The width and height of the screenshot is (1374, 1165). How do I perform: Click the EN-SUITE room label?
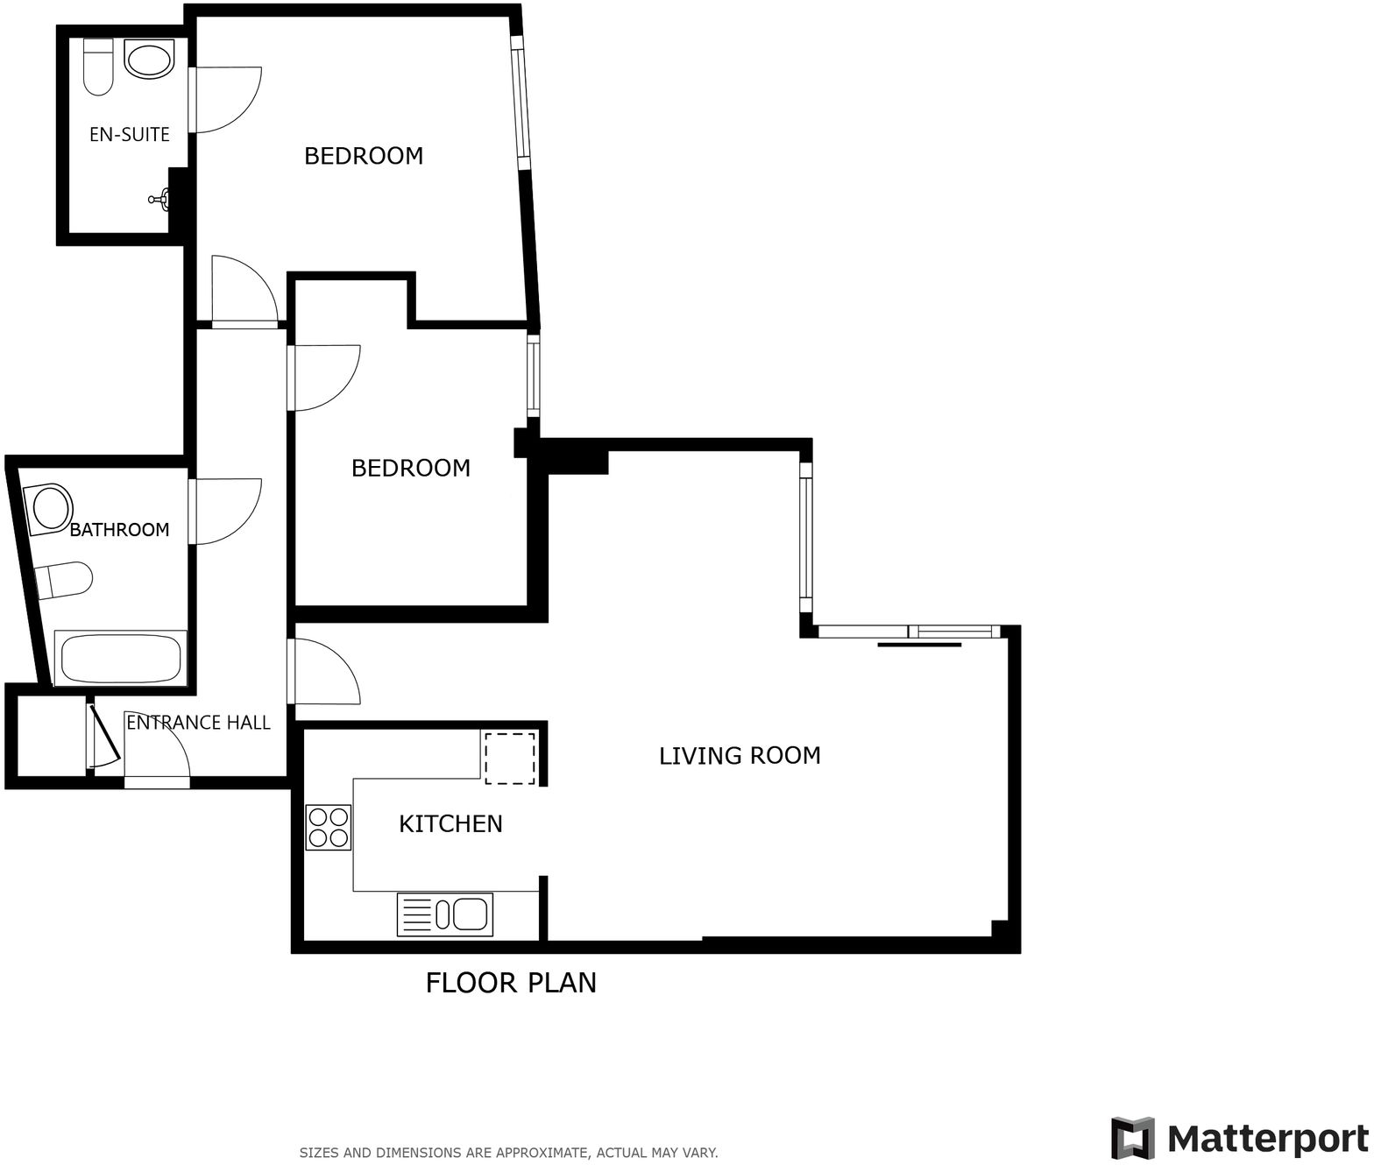[x=129, y=134]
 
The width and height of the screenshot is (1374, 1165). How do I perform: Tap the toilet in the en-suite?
[x=98, y=67]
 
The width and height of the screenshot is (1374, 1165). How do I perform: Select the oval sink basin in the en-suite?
[x=150, y=60]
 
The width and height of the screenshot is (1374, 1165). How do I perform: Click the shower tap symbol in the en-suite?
[x=160, y=201]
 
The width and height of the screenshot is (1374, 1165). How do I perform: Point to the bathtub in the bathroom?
[x=121, y=658]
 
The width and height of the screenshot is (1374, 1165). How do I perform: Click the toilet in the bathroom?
[x=64, y=580]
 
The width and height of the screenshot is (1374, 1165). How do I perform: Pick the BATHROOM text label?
[x=119, y=529]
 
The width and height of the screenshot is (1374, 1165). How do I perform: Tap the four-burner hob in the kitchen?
[x=328, y=827]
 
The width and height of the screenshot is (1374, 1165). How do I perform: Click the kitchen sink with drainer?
[x=445, y=914]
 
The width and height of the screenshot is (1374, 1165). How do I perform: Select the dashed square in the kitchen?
[x=509, y=758]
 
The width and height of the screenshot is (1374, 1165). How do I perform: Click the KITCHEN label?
[x=450, y=823]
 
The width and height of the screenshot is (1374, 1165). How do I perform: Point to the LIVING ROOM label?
[x=740, y=755]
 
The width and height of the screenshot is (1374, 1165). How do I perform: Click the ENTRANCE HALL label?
[x=198, y=722]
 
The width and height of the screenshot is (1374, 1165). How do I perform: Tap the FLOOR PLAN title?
[x=511, y=983]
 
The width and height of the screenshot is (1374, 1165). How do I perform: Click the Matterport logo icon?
[x=1132, y=1138]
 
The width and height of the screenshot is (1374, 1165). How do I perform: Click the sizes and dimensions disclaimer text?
[x=508, y=1153]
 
